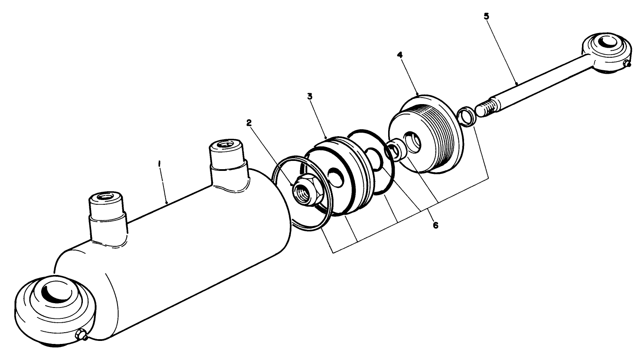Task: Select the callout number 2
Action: pos(249,123)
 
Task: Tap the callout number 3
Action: pos(310,96)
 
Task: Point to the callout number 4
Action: pos(399,56)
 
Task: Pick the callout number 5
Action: pos(486,17)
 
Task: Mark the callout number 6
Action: pos(435,226)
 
